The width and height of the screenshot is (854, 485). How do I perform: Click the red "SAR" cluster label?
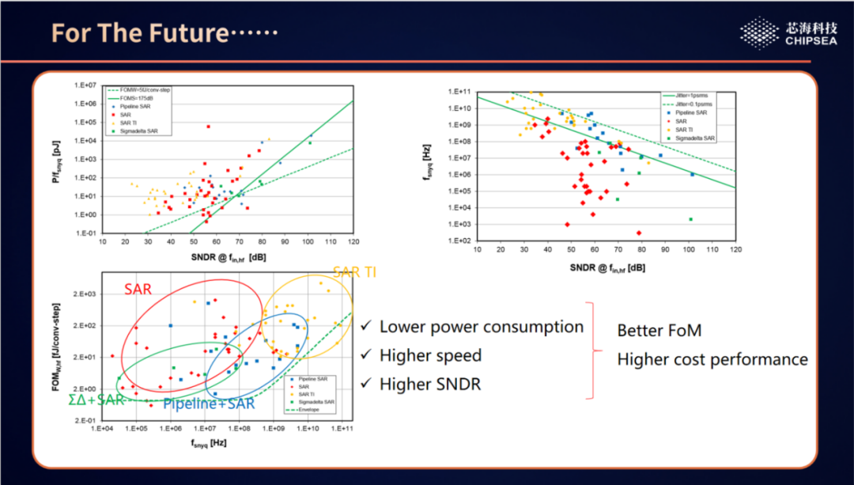coord(138,290)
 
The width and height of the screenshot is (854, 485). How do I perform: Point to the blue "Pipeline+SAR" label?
coord(209,404)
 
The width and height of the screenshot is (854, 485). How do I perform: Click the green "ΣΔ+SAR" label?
coord(96,400)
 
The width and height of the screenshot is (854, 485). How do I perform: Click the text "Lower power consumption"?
coord(481,327)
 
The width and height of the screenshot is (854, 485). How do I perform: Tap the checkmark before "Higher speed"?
coord(366,356)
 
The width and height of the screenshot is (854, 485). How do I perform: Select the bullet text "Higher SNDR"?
coord(430,385)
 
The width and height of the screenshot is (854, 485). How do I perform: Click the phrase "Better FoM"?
coord(659,331)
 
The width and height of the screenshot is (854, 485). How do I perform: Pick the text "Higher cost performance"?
coord(712,360)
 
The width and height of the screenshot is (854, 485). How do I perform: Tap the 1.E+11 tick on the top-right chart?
coord(460,92)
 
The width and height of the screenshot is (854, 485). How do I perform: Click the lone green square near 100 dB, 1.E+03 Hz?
coord(690,219)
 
